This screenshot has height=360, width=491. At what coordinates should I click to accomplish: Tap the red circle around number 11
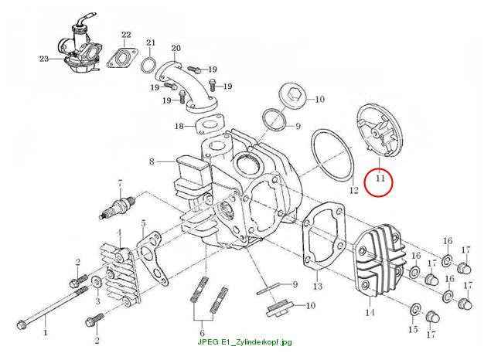pos(365,183)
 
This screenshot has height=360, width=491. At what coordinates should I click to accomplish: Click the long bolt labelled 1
pos(52,307)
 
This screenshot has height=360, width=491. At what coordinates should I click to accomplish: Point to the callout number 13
pos(317,286)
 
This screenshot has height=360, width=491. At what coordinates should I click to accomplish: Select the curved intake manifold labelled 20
pos(187,85)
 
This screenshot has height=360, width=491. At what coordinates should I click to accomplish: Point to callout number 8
pos(152,161)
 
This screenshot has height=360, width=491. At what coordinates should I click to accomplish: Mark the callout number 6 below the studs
pos(202,333)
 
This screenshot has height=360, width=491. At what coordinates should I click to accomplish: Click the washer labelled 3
pos(96,283)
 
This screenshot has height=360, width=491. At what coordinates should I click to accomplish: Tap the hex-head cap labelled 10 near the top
pos(293,95)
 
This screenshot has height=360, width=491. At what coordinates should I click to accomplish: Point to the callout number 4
pos(119,233)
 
